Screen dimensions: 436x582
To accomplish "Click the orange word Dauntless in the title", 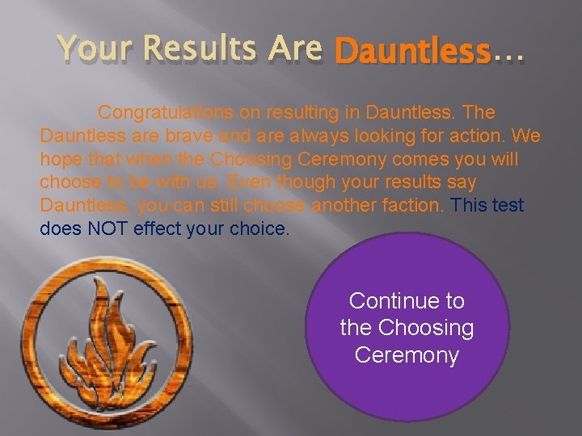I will (x=412, y=52).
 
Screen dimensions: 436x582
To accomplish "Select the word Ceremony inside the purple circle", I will (x=407, y=355).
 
